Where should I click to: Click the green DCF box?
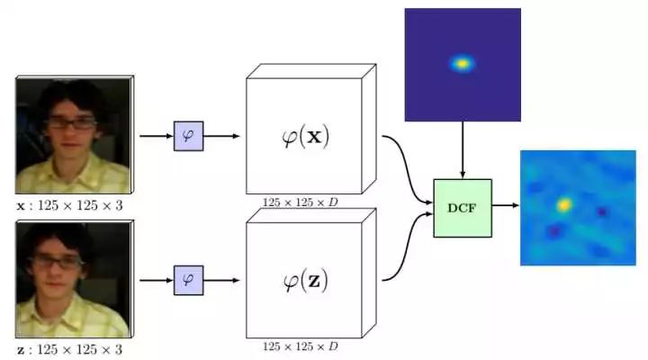click(x=463, y=208)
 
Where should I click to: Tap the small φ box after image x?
click(x=189, y=136)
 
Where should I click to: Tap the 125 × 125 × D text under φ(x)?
click(x=301, y=202)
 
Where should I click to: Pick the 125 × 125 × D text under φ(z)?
click(x=301, y=346)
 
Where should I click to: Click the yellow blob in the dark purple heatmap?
click(x=462, y=64)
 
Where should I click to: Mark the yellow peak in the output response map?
click(x=563, y=205)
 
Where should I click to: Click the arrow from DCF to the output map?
click(x=507, y=205)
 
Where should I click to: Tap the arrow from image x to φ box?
click(x=156, y=136)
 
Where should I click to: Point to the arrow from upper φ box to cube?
click(x=222, y=136)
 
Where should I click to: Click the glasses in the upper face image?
click(x=67, y=123)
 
